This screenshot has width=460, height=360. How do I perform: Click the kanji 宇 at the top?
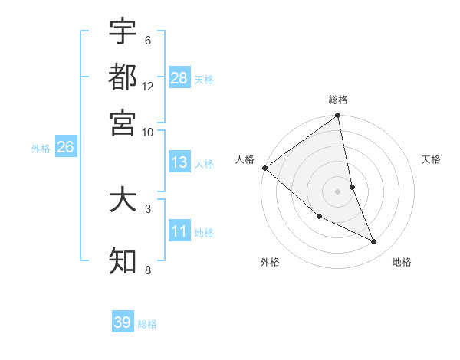[x=123, y=31]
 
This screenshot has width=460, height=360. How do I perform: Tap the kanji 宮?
[x=123, y=122]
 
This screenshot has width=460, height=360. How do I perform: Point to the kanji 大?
[x=123, y=200]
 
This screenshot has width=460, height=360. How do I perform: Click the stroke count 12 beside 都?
[x=148, y=86]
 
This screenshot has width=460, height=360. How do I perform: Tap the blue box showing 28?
[x=179, y=78]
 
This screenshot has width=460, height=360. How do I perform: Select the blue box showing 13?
[x=179, y=162]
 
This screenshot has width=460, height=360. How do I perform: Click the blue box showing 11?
[x=179, y=231]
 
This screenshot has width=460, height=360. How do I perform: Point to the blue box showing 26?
[x=65, y=148]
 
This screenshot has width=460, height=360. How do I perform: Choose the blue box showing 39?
[x=123, y=322]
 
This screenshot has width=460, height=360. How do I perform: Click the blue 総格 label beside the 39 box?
[x=148, y=324]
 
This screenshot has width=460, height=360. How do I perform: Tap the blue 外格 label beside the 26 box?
[x=41, y=149]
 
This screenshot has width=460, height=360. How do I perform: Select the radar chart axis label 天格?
[x=432, y=159]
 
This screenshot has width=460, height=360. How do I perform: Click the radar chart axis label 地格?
[x=402, y=263]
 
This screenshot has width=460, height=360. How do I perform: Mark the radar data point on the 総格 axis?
[x=338, y=116]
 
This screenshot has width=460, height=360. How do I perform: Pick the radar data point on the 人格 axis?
[x=264, y=168]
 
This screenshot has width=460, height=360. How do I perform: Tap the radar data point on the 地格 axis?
[x=374, y=242]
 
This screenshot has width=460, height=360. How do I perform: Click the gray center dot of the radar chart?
[x=338, y=191]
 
